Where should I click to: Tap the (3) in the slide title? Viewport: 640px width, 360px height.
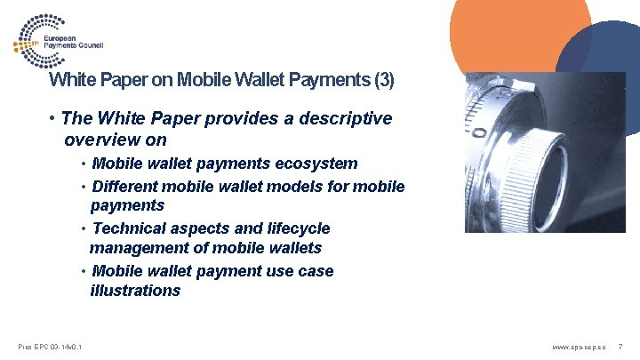pyautogui.click(x=383, y=80)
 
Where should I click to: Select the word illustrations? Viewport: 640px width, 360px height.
pyautogui.click(x=134, y=291)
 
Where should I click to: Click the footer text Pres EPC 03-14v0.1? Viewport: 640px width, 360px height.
pyautogui.click(x=51, y=346)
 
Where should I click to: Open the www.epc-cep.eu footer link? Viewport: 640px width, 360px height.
pyautogui.click(x=578, y=346)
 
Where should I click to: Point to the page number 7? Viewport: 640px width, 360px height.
pyautogui.click(x=620, y=346)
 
